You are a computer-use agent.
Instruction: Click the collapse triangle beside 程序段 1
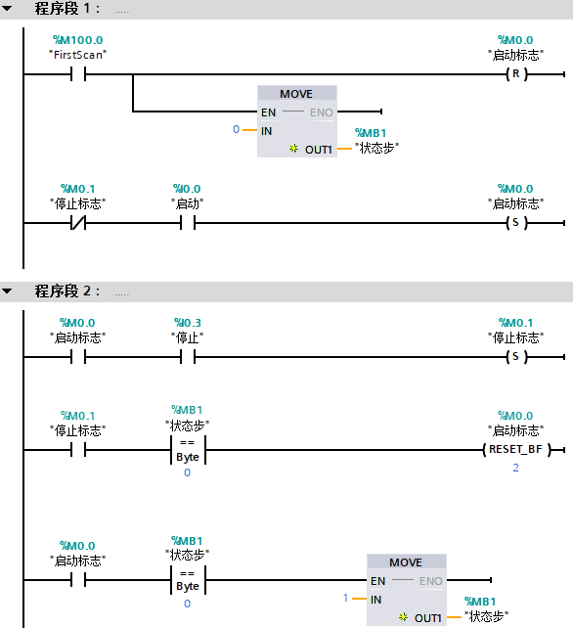pyautogui.click(x=8, y=10)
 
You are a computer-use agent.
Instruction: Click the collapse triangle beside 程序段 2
pyautogui.click(x=8, y=292)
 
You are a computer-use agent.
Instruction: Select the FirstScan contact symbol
pyautogui.click(x=78, y=73)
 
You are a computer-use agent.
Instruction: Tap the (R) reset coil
pyautogui.click(x=515, y=73)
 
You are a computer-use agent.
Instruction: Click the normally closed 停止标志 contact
pyautogui.click(x=78, y=223)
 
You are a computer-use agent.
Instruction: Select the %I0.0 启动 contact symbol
pyautogui.click(x=187, y=223)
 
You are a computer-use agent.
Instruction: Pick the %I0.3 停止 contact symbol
pyautogui.click(x=187, y=357)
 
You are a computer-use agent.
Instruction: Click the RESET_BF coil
pyautogui.click(x=515, y=450)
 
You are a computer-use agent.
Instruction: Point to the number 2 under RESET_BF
pyautogui.click(x=515, y=469)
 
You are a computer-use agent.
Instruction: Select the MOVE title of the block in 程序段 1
pyautogui.click(x=296, y=94)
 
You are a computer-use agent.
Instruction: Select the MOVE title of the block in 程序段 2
pyautogui.click(x=406, y=562)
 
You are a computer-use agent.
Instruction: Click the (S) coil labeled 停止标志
pyautogui.click(x=515, y=357)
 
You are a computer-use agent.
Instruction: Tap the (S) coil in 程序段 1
pyautogui.click(x=515, y=223)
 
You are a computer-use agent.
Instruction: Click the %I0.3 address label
pyautogui.click(x=187, y=323)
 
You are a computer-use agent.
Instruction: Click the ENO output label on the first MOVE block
pyautogui.click(x=322, y=112)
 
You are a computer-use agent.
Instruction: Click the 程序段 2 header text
pyautogui.click(x=68, y=292)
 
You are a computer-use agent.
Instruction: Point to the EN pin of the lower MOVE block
pyautogui.click(x=377, y=581)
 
